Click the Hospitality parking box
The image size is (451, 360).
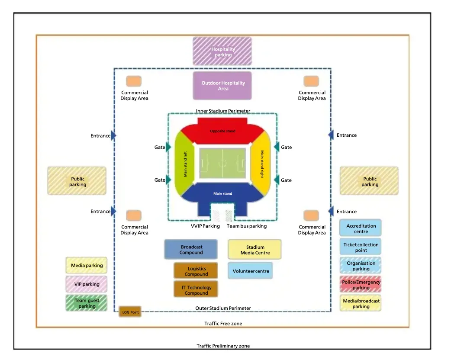(222, 51)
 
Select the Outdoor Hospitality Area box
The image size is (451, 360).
(222, 86)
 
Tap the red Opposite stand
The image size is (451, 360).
(222, 131)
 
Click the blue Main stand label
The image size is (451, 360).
(222, 193)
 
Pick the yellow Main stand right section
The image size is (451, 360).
(261, 164)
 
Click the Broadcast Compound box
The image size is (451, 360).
(191, 249)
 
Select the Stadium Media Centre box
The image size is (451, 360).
(254, 249)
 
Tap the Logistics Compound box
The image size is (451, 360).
(196, 271)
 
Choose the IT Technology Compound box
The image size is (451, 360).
(196, 289)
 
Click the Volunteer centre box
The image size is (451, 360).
(250, 270)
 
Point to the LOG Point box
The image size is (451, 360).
(130, 312)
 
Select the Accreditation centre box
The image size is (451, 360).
(361, 228)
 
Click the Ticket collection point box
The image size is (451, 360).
(361, 247)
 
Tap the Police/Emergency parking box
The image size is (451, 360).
(361, 284)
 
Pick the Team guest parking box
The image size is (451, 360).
(86, 303)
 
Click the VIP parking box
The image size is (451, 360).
(86, 284)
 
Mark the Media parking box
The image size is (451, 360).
(86, 265)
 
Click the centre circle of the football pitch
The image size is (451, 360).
(222, 163)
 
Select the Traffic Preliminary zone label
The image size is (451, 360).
(223, 346)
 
